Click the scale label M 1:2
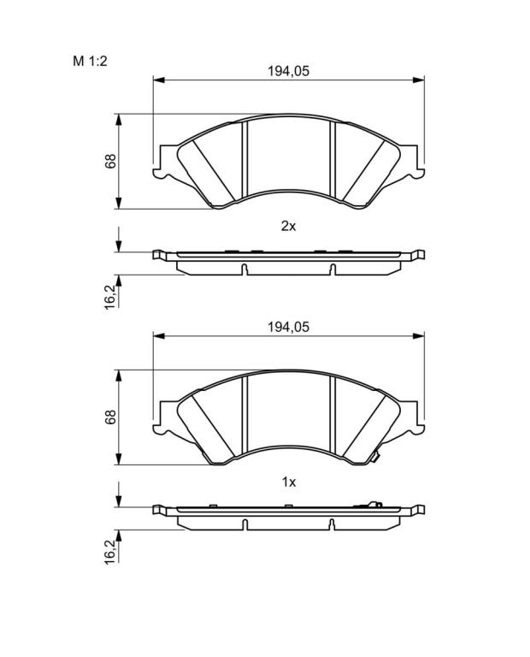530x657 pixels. click(90, 62)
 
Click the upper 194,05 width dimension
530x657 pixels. click(288, 71)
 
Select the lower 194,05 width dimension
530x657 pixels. click(288, 327)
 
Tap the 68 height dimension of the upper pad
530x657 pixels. click(110, 162)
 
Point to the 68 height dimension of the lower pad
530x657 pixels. click(110, 417)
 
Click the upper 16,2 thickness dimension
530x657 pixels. click(109, 296)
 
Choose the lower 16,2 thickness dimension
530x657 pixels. click(109, 551)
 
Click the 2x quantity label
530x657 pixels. click(288, 227)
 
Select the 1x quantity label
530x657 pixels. click(289, 482)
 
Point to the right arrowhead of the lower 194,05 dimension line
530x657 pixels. click(418, 335)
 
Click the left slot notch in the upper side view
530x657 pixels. click(244, 269)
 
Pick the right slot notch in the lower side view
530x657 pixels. click(332, 524)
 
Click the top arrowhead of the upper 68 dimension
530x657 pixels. click(119, 120)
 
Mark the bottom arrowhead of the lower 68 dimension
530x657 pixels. click(119, 459)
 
